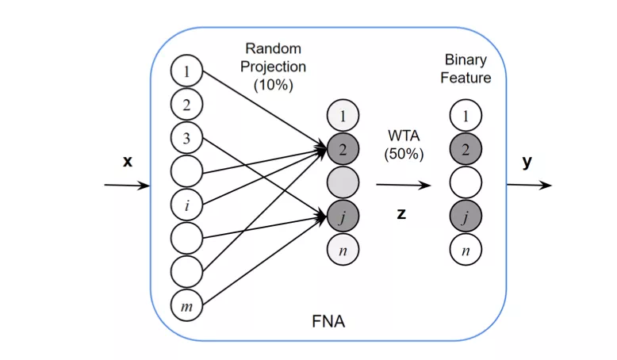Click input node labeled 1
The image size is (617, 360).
pyautogui.click(x=186, y=71)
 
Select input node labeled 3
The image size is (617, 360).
pyautogui.click(x=186, y=138)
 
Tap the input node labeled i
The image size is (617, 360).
pyautogui.click(x=186, y=205)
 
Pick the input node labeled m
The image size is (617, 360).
pyautogui.click(x=186, y=305)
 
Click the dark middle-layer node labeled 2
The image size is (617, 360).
pyautogui.click(x=343, y=149)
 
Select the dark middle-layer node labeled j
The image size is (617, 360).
pyautogui.click(x=343, y=216)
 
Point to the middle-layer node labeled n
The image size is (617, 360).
pyautogui.click(x=343, y=250)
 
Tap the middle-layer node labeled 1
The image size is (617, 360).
pyautogui.click(x=343, y=115)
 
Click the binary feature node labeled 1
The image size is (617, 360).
pyautogui.click(x=466, y=115)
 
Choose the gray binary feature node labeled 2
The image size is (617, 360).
pyautogui.click(x=466, y=149)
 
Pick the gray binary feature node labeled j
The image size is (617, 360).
pyautogui.click(x=466, y=216)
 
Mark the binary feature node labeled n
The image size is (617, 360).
pyautogui.click(x=466, y=250)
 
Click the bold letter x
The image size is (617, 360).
pyautogui.click(x=128, y=161)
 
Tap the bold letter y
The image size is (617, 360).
pyautogui.click(x=527, y=162)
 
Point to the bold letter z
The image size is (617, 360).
pyautogui.click(x=401, y=213)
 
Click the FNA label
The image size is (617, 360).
pyautogui.click(x=328, y=322)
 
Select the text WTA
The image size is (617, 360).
pyautogui.click(x=404, y=136)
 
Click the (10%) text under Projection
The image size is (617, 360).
pyautogui.click(x=274, y=85)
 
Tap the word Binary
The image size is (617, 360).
pyautogui.click(x=466, y=59)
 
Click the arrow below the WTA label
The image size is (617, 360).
pyautogui.click(x=404, y=185)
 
